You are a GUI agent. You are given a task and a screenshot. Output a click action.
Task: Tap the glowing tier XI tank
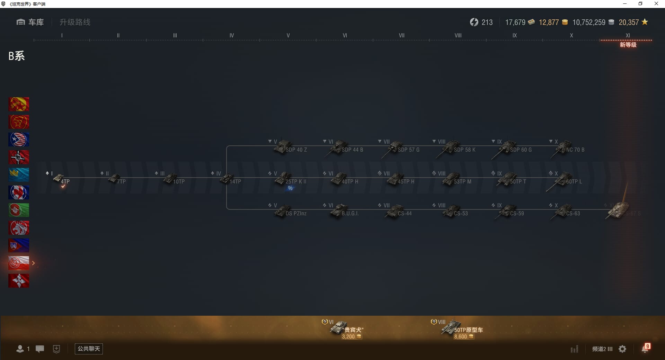618,211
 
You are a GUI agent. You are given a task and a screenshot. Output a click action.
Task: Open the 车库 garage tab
30,22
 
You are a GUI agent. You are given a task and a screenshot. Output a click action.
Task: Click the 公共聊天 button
89,349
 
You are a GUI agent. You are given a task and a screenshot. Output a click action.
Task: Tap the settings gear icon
622,349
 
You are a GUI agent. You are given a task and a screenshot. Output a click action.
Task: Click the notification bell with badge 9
645,349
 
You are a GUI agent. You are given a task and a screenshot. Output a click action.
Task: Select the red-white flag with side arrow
19,263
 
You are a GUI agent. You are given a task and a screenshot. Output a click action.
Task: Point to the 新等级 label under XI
628,45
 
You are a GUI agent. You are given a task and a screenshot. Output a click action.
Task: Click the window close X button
656,4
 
